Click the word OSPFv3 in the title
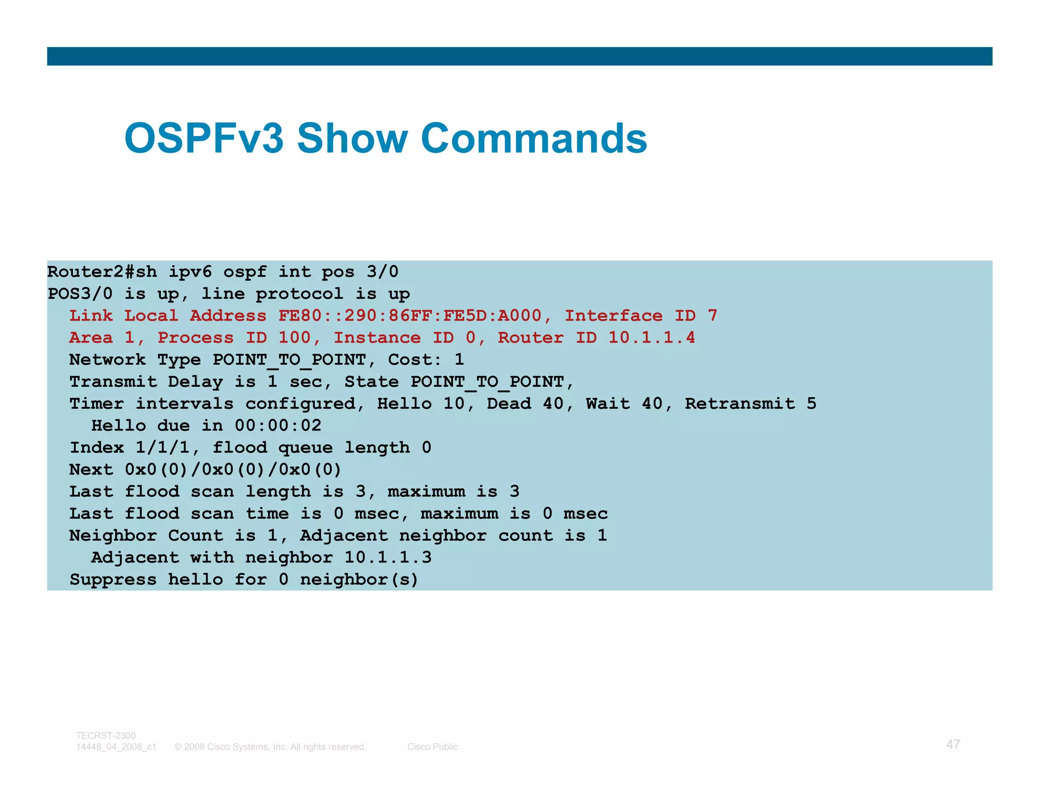point(204,138)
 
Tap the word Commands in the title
point(534,138)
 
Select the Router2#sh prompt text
point(102,272)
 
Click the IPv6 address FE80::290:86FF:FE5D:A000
point(409,316)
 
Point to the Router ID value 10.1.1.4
point(652,338)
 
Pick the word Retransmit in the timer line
point(740,404)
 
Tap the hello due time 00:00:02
point(278,425)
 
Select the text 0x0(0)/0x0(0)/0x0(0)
point(233,470)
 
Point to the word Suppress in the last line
point(113,579)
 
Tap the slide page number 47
point(953,744)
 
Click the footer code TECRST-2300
point(106,735)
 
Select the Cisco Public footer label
point(432,747)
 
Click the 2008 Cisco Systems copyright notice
point(270,747)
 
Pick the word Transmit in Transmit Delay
point(113,382)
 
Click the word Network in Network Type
point(107,359)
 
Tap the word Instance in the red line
point(377,338)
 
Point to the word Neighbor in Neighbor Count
point(113,536)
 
